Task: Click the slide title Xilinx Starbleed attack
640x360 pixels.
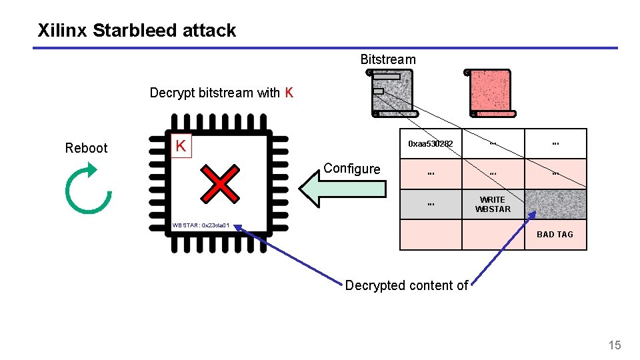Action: tap(137, 30)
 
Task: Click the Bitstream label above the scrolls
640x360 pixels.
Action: tap(387, 59)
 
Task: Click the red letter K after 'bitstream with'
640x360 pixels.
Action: tap(289, 93)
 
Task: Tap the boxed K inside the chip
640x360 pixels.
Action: tap(180, 145)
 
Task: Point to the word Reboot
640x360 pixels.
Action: tap(86, 148)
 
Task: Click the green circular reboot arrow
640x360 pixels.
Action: tap(88, 191)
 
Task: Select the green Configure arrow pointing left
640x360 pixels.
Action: tap(342, 189)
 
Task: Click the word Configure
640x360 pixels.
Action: tap(351, 169)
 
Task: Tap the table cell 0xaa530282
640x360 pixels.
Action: tap(431, 144)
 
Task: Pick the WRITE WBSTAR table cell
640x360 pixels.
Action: tap(493, 205)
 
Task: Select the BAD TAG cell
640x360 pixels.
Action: tap(555, 235)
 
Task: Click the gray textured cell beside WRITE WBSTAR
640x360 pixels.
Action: tap(555, 205)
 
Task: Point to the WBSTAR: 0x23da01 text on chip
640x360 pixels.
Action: tap(201, 226)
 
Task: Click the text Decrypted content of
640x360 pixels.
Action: tap(406, 285)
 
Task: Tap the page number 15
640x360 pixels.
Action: tap(614, 345)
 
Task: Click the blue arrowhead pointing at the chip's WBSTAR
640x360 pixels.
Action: tap(239, 229)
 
